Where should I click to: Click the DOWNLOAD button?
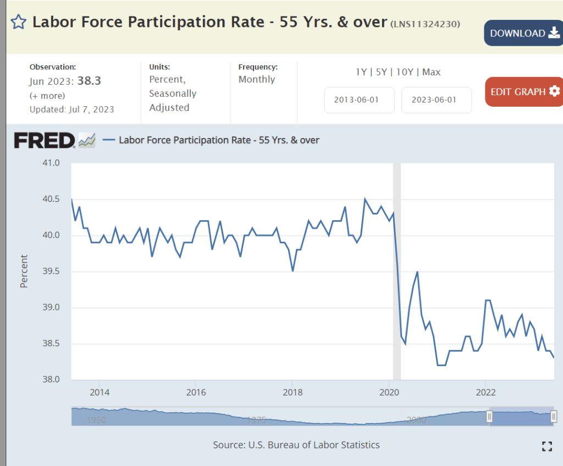click(x=523, y=33)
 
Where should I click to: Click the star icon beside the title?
click(x=18, y=22)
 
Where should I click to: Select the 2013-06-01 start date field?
click(x=359, y=100)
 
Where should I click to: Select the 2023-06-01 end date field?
click(x=437, y=100)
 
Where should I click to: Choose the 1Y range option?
click(x=361, y=72)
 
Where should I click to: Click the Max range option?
click(x=432, y=72)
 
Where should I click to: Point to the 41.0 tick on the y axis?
click(x=50, y=163)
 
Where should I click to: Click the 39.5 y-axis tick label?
click(x=50, y=271)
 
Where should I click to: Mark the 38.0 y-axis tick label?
click(x=50, y=380)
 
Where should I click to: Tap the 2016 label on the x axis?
click(x=196, y=392)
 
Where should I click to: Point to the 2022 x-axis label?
click(x=485, y=392)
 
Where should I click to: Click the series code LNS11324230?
click(x=425, y=24)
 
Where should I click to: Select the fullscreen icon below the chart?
click(x=547, y=446)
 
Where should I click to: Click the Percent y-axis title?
click(x=24, y=271)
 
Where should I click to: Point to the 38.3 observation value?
click(x=89, y=81)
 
